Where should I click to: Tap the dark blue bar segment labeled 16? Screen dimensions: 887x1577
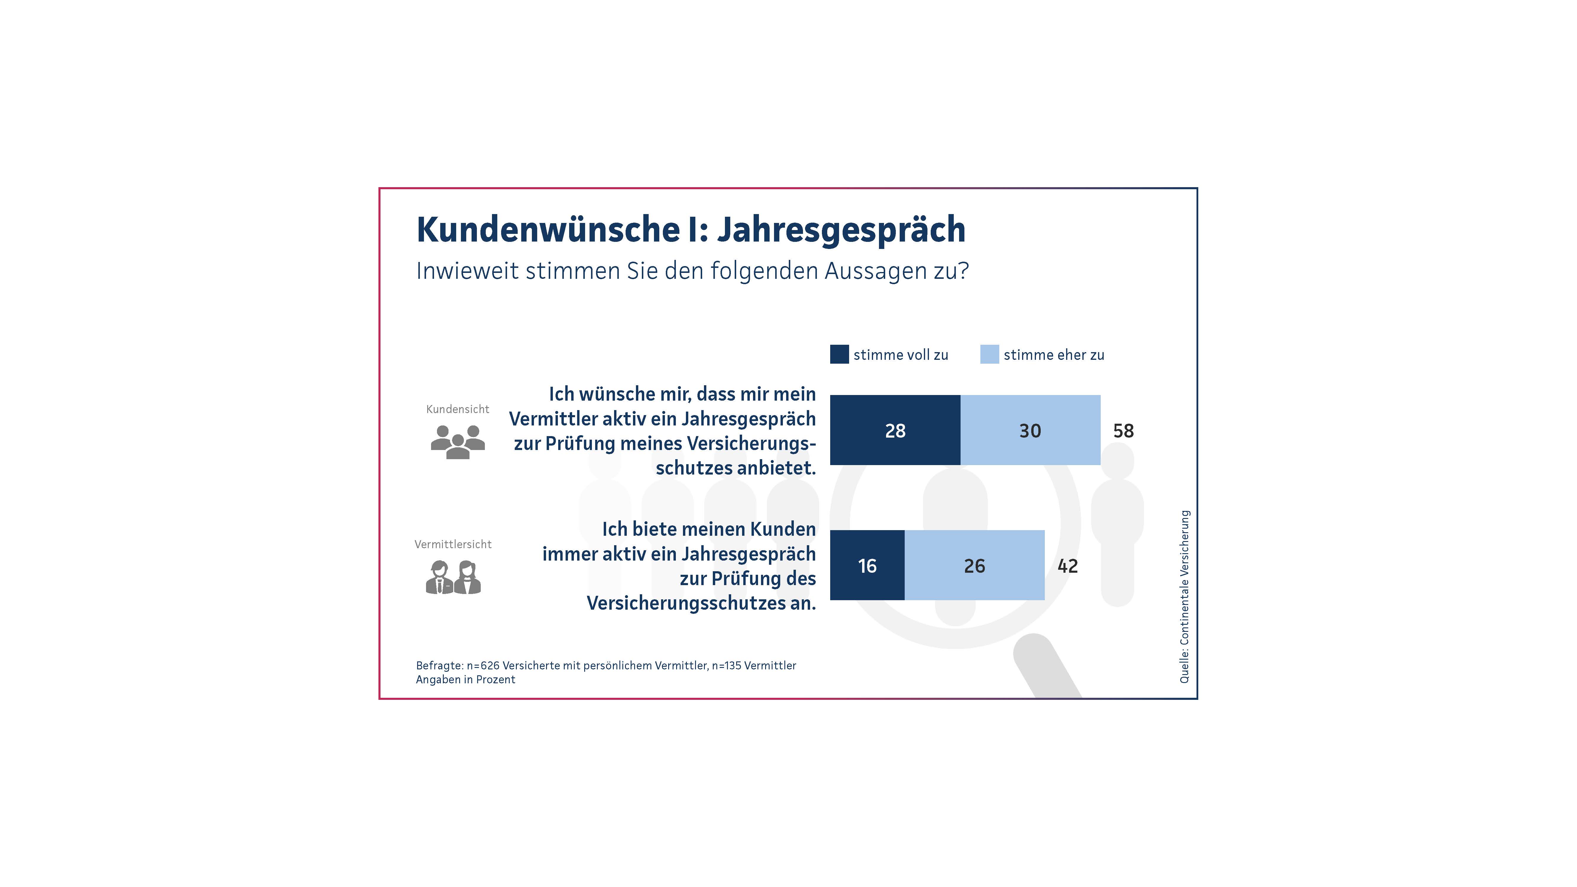[867, 565]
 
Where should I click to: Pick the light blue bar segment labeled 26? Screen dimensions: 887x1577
[974, 565]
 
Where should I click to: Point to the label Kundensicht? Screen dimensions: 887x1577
[457, 409]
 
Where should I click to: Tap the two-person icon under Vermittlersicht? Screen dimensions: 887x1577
[453, 577]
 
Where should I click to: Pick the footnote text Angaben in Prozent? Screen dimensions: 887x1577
[465, 679]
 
